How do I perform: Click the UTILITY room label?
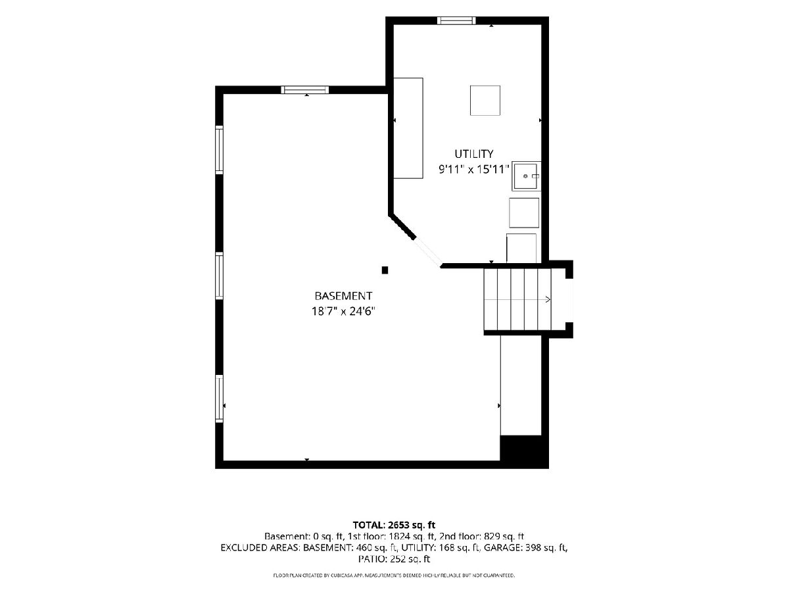coord(474,154)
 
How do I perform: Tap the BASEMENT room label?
coord(343,296)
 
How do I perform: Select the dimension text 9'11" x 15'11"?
coord(474,169)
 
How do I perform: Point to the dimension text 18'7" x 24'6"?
coord(343,311)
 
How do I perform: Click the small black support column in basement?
coord(385,270)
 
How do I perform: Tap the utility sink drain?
coord(525,176)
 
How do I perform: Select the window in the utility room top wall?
coord(456,20)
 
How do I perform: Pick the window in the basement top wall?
coord(305,90)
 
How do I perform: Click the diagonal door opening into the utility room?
coord(428,253)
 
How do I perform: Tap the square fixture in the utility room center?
coord(485,100)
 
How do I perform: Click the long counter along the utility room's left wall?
coord(408,128)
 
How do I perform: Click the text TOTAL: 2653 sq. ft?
coord(394,525)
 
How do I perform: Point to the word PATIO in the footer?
coord(372,559)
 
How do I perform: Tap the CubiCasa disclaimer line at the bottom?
coord(394,575)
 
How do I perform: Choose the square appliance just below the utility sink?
coord(524,212)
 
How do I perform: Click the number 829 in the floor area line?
coord(492,536)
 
